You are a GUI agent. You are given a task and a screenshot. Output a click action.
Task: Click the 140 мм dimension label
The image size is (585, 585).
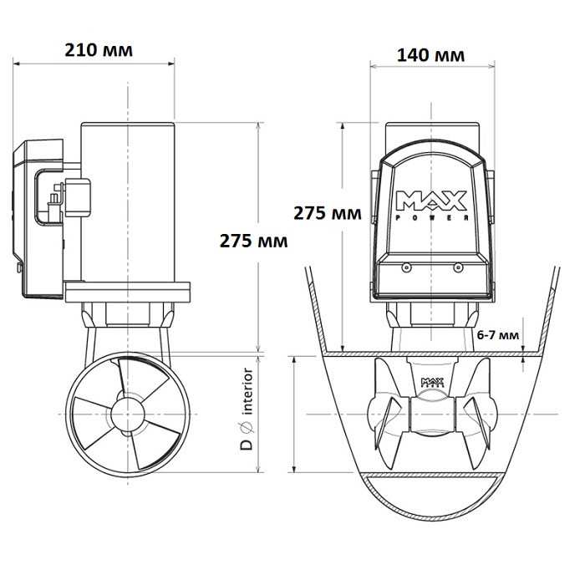pos(431,55)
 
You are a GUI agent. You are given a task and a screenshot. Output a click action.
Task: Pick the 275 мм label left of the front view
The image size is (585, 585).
pos(327,213)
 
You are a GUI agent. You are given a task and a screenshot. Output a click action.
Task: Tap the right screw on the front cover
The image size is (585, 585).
pos(457,268)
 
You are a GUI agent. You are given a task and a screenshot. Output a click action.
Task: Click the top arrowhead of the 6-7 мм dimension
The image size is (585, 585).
pos(524,348)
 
